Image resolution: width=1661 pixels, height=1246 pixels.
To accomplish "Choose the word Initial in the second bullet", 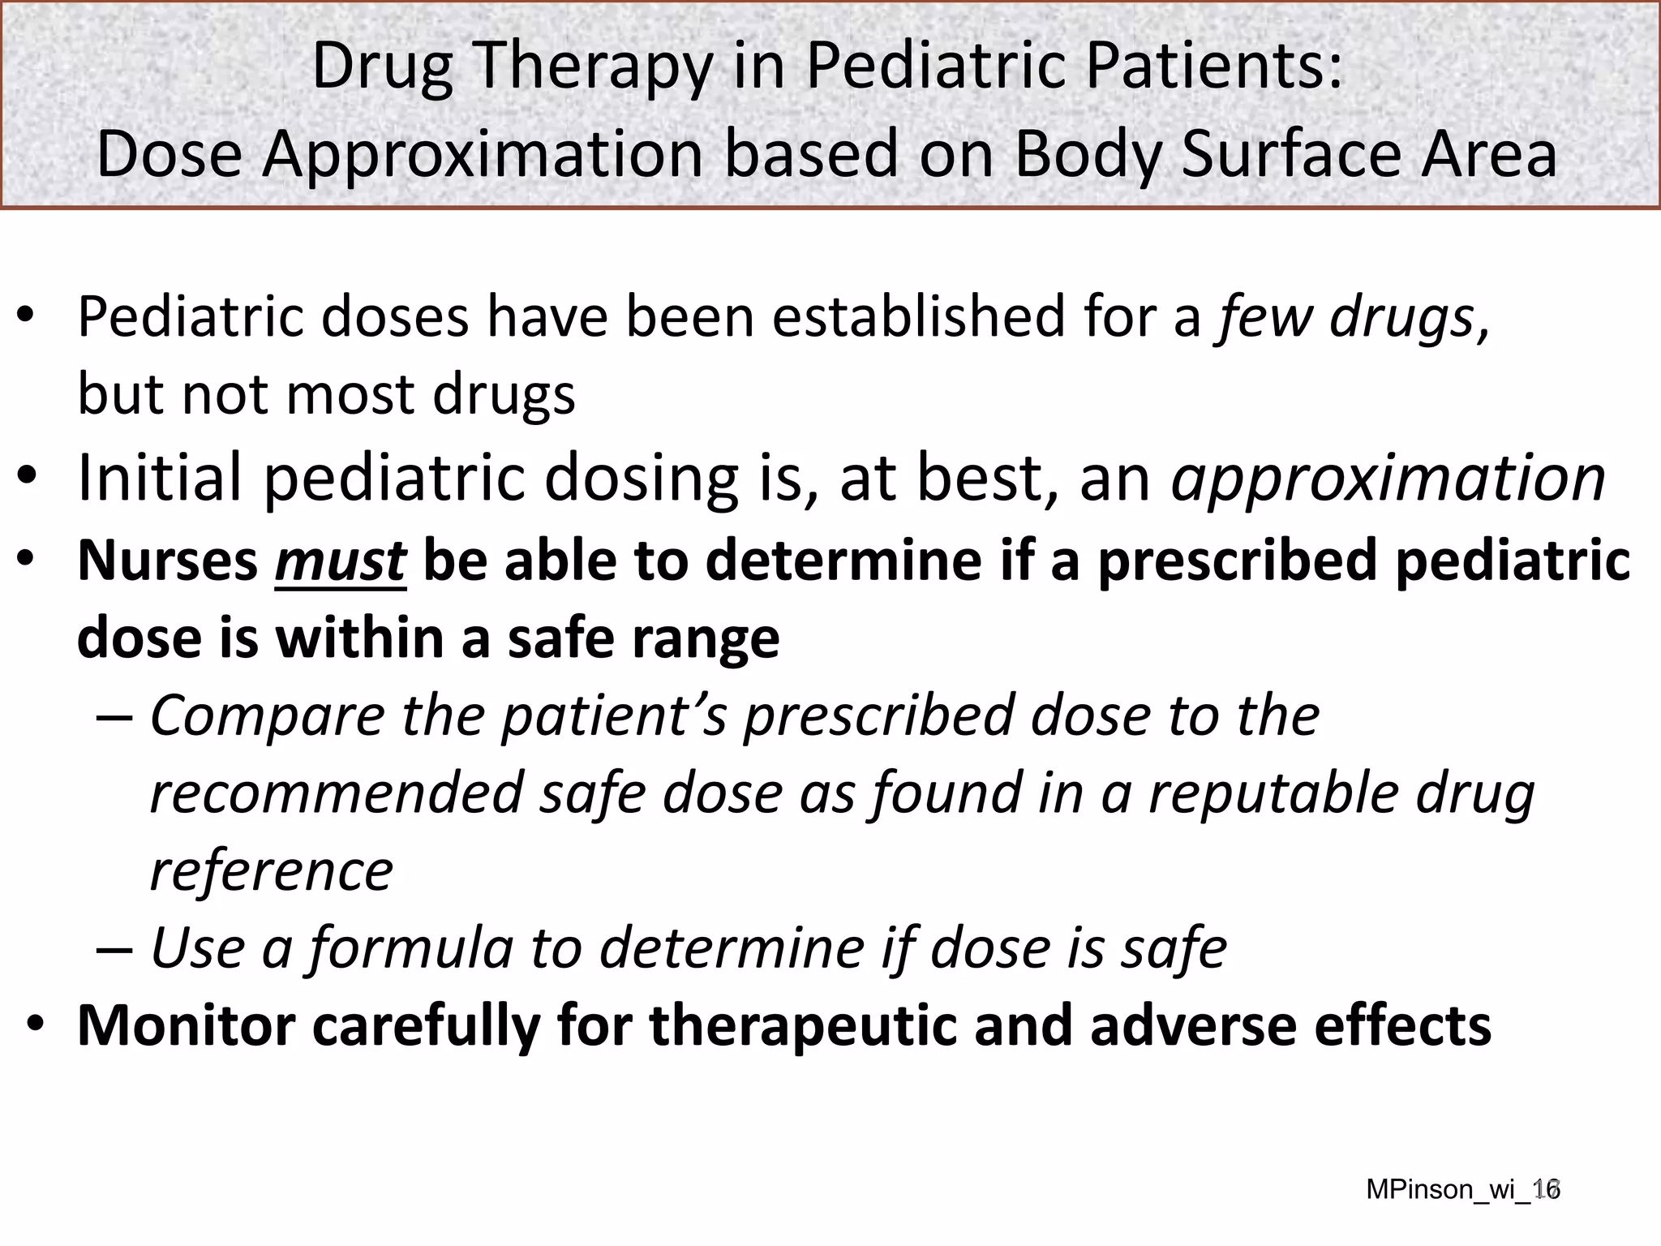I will (x=159, y=478).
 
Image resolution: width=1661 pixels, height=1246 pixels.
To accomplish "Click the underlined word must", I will (x=340, y=561).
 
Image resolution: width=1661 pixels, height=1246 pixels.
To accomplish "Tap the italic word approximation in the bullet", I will (x=1388, y=479).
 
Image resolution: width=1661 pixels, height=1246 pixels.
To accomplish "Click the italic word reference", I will (x=272, y=871).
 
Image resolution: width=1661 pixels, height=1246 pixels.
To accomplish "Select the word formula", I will (x=411, y=947).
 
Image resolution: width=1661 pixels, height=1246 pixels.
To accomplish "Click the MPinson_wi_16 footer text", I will (x=1462, y=1189).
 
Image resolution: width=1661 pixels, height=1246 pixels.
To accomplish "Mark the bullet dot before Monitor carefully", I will (x=35, y=1026).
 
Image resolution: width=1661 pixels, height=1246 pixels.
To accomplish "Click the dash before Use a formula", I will (x=114, y=948).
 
